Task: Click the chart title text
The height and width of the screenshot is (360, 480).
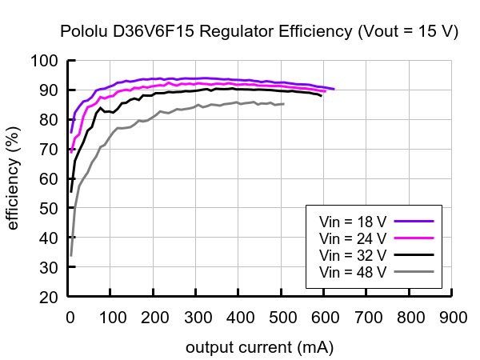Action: coord(259,32)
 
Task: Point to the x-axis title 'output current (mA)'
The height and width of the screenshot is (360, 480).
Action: coord(259,348)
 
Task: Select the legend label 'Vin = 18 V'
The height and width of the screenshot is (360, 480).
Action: coord(353,220)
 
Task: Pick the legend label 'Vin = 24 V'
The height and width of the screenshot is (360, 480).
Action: coord(353,238)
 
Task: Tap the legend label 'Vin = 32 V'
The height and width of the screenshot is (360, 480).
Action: coord(353,255)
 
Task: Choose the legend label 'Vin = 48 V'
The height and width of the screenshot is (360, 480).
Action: coord(353,273)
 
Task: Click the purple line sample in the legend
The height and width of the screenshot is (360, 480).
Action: coord(414,220)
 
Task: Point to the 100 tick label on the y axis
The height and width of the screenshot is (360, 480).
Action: coord(44,61)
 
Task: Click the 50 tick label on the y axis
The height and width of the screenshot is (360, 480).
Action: coord(49,208)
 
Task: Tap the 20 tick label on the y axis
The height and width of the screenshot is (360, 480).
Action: coord(49,297)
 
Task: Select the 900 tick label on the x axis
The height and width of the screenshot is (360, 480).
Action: coord(453,318)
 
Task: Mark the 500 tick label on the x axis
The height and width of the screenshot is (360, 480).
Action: coord(282,318)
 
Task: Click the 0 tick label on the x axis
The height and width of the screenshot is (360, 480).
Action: coord(70,318)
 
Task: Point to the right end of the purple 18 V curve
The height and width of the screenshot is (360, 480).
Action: coord(334,89)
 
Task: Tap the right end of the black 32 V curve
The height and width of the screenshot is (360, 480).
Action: coord(322,96)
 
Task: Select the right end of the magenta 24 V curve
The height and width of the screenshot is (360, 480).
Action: coord(326,91)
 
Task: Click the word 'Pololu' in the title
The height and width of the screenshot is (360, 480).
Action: coord(82,32)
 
